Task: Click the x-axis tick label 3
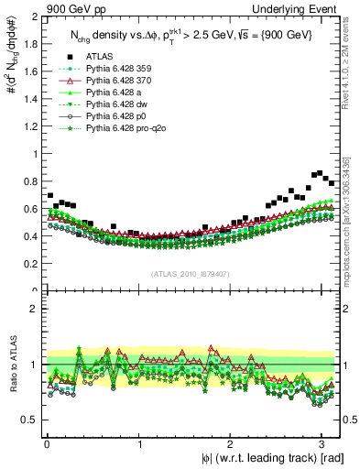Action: (324, 444)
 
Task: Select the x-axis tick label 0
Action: (46, 444)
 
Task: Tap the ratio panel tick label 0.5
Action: (30, 420)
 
